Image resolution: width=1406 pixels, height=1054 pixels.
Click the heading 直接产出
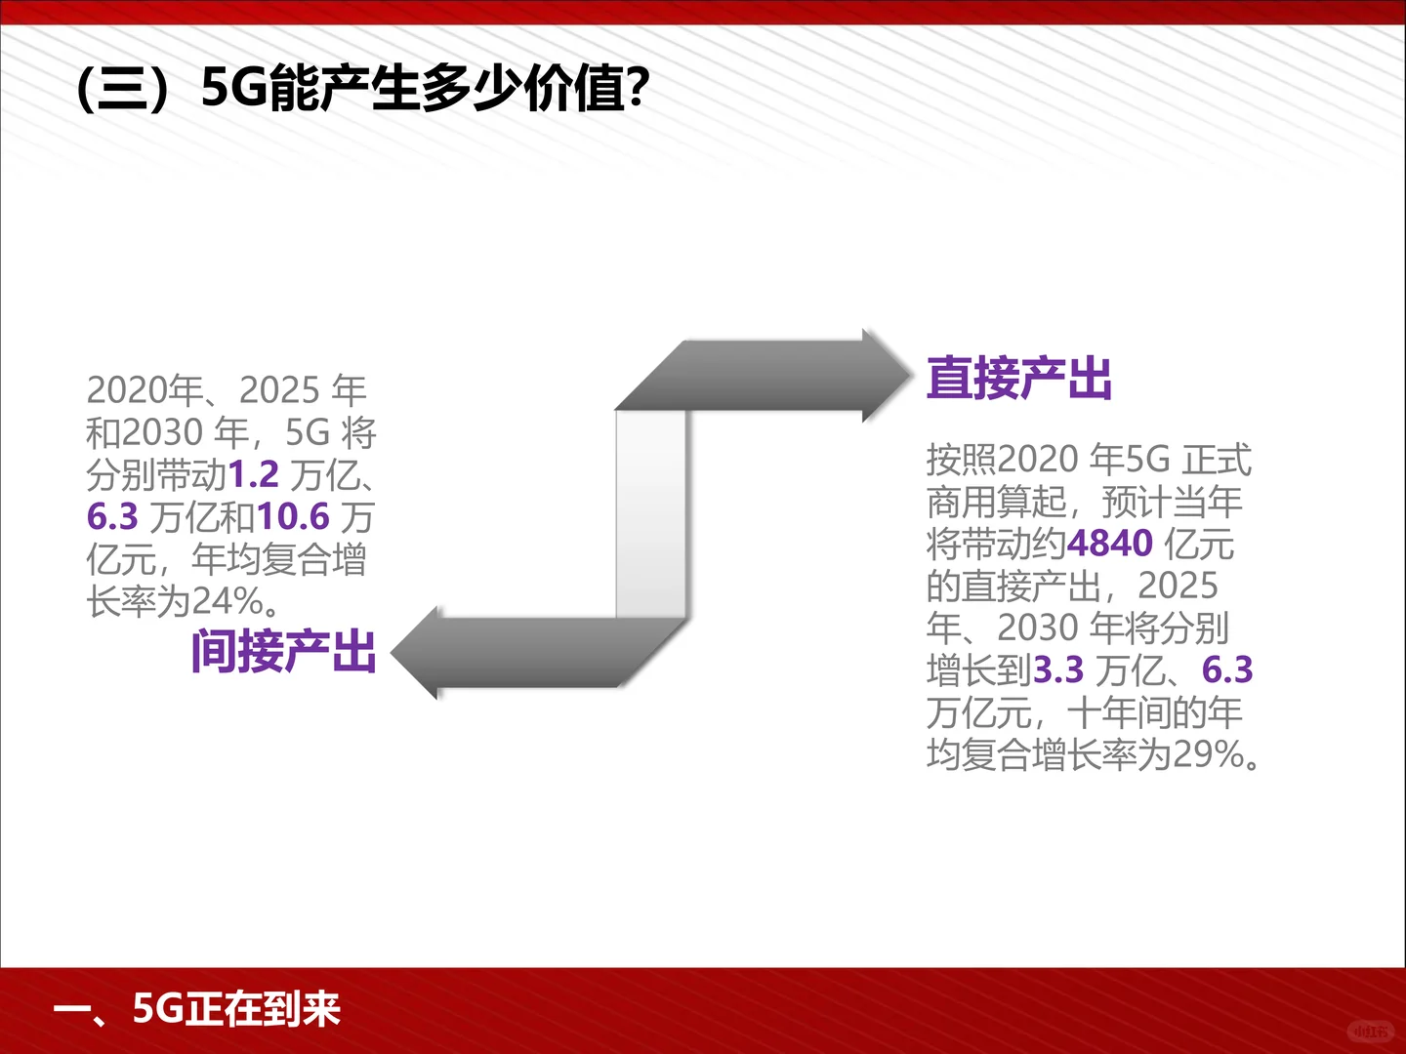pos(1018,379)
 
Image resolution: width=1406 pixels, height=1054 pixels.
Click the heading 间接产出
pos(283,652)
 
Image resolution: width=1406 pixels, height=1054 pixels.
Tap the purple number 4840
pos(1110,544)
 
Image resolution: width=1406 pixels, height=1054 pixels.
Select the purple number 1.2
pos(253,475)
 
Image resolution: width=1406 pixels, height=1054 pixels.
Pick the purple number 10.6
pos(293,517)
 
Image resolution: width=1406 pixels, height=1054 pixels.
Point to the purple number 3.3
pos(1058,670)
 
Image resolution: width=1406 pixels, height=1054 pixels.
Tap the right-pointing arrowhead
pos(885,375)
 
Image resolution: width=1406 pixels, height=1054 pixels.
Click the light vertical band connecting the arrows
pos(650,513)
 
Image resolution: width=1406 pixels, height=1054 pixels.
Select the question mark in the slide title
pos(637,89)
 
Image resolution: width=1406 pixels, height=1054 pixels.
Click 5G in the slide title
pos(233,89)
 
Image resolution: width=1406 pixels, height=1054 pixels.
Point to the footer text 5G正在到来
pos(235,1009)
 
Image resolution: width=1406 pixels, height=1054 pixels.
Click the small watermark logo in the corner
pos(1371,1031)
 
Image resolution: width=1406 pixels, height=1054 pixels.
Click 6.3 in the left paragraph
pos(112,517)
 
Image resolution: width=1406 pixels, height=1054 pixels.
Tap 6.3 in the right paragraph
pos(1227,670)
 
